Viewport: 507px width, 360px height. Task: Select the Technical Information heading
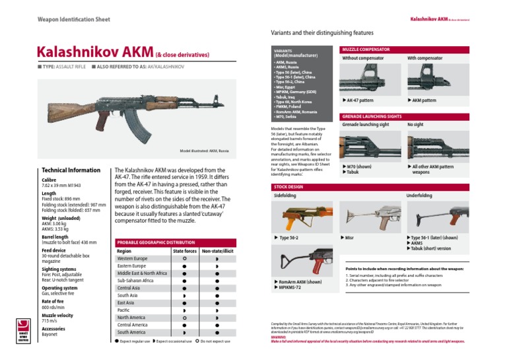pos(71,170)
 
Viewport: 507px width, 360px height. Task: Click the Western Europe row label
pos(132,259)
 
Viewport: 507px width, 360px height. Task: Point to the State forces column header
pos(184,251)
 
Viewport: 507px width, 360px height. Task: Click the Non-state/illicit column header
pos(217,251)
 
